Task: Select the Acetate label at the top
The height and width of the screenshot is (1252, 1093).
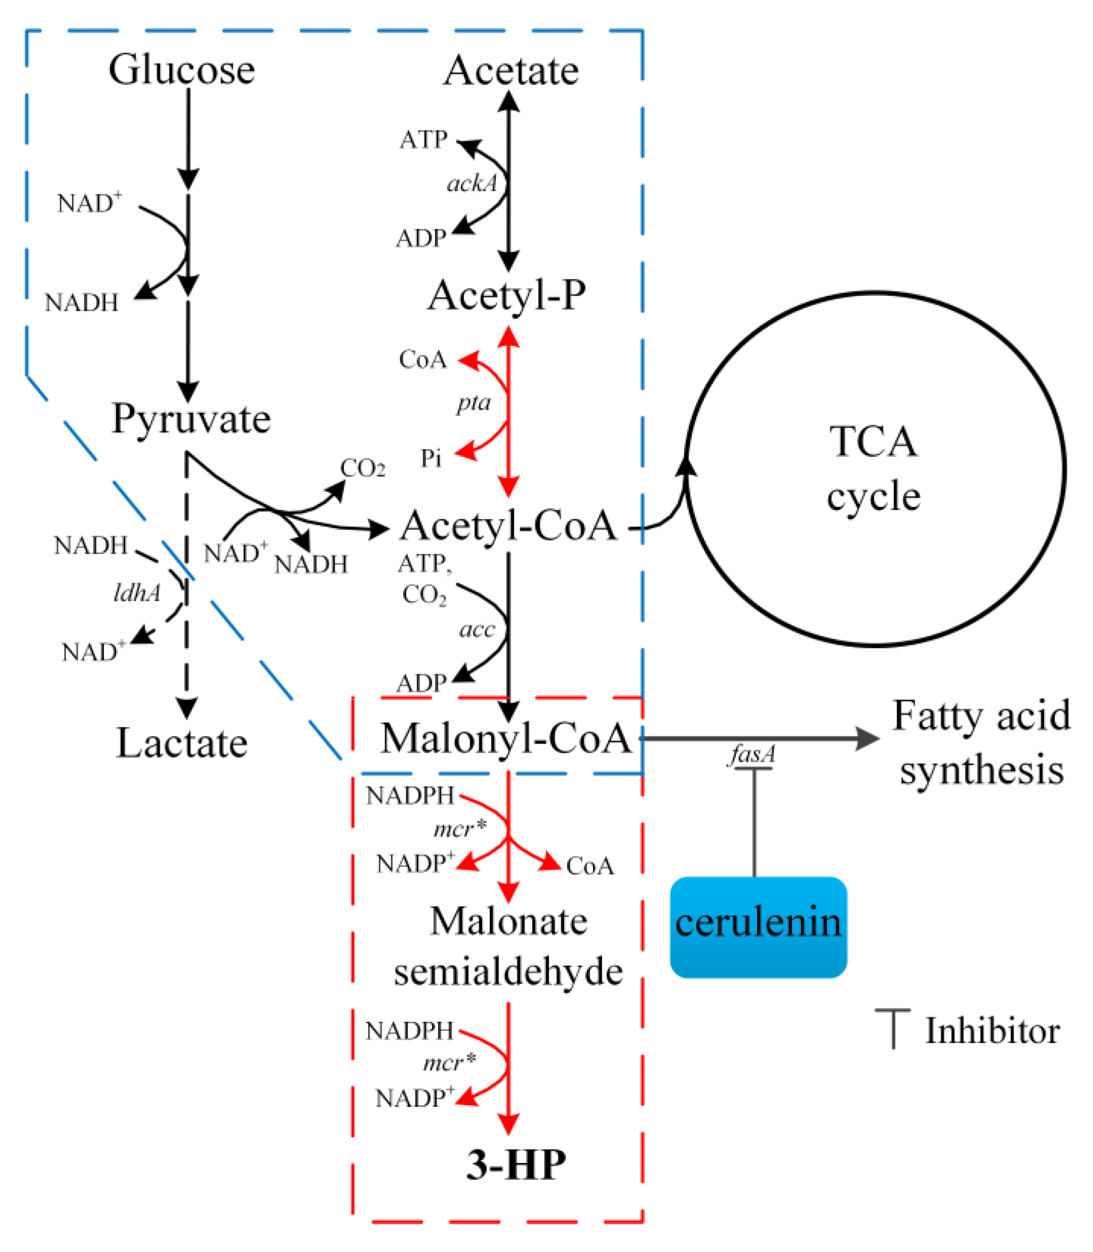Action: tap(511, 71)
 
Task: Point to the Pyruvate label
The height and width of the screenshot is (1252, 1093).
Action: tap(191, 419)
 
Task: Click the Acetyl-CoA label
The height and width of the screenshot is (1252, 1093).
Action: tap(508, 526)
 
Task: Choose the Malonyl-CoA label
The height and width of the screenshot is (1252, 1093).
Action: tap(506, 739)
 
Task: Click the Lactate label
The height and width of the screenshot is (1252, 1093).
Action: tap(182, 744)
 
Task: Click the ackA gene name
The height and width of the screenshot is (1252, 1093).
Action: tap(472, 184)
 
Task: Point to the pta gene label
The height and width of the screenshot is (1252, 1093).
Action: tap(474, 403)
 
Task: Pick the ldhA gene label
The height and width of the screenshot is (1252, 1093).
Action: tap(137, 592)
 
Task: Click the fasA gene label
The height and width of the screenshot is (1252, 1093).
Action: tap(752, 755)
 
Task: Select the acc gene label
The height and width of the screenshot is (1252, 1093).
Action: tap(477, 629)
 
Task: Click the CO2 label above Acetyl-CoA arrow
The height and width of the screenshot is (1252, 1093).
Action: tap(362, 468)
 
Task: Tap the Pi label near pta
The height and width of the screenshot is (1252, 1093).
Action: tap(431, 458)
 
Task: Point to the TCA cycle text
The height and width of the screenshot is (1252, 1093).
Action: tap(873, 468)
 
